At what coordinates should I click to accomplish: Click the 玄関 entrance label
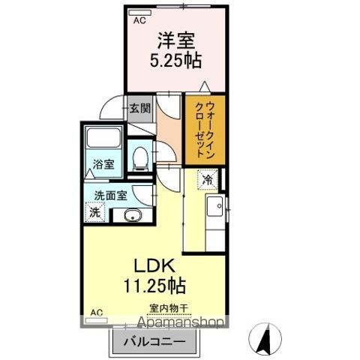tap(139, 108)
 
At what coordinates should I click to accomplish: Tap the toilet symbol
tap(139, 157)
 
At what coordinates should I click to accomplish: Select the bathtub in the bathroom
tap(103, 139)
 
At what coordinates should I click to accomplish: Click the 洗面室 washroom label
tap(109, 196)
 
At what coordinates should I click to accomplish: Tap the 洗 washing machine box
tap(94, 213)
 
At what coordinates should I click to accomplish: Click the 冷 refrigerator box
tap(208, 179)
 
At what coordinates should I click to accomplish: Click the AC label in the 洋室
tap(139, 21)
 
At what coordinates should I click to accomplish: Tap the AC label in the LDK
tap(96, 311)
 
